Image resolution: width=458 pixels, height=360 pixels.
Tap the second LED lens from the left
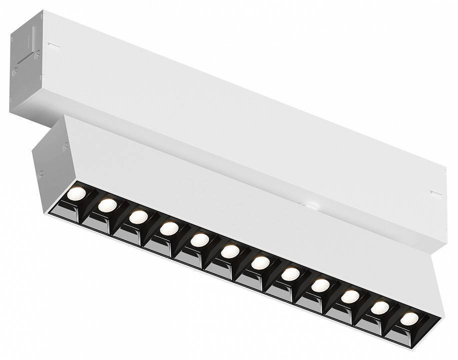tap(107, 204)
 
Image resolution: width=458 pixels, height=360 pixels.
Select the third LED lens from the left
tap(138, 216)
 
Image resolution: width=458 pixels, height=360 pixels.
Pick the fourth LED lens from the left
tap(169, 228)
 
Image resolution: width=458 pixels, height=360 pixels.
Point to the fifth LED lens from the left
tap(199, 239)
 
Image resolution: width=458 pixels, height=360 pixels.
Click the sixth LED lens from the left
tap(230, 251)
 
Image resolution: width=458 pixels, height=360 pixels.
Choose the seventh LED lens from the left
tap(260, 262)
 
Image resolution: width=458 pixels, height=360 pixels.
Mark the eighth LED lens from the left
tap(290, 274)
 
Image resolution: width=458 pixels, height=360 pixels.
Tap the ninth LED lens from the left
tap(320, 285)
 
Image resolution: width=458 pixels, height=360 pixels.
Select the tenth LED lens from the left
tap(350, 296)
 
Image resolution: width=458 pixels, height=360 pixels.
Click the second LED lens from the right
tap(380, 307)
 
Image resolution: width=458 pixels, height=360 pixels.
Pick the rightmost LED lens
tap(409, 318)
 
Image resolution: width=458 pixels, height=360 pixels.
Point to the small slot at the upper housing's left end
tap(53, 46)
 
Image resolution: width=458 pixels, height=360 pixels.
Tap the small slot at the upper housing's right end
tap(436, 193)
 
